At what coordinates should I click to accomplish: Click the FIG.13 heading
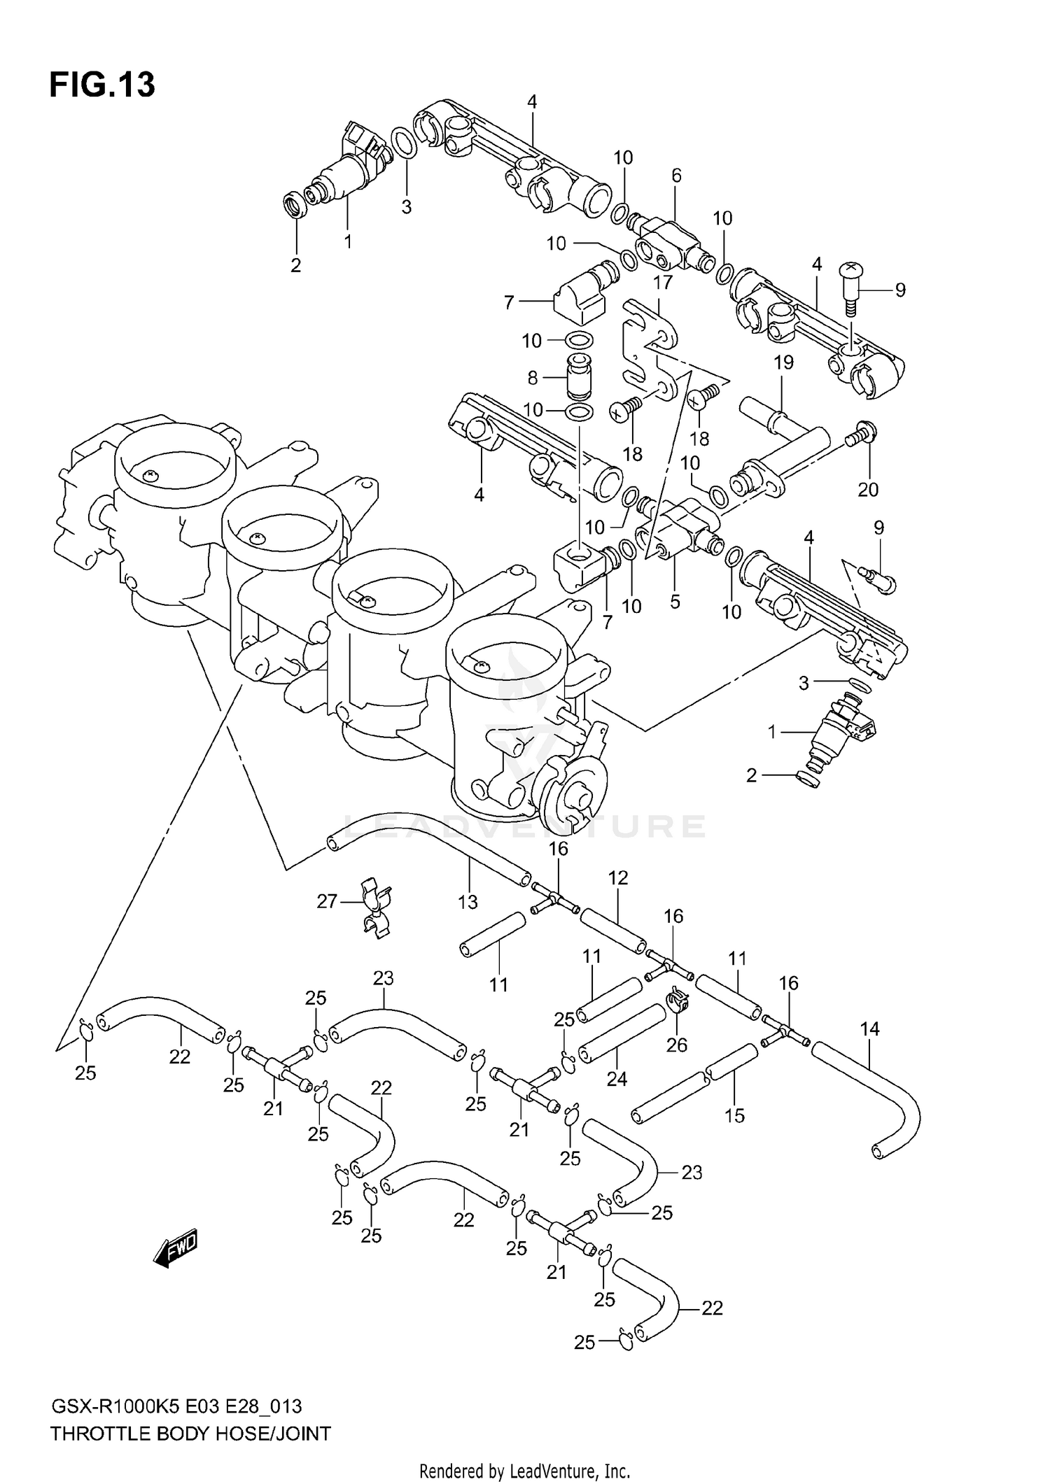(x=102, y=85)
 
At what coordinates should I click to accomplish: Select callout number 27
(x=327, y=902)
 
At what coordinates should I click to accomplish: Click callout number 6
(x=675, y=176)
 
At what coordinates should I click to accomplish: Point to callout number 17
(x=662, y=283)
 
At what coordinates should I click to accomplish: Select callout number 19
(x=783, y=362)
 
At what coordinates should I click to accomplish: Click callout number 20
(x=867, y=489)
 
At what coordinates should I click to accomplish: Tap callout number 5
(x=675, y=601)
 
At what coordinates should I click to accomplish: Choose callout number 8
(x=532, y=378)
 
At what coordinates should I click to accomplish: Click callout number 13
(x=468, y=902)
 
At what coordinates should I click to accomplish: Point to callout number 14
(x=869, y=1029)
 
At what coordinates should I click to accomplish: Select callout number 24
(x=617, y=1079)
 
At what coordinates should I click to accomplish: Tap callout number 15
(x=734, y=1115)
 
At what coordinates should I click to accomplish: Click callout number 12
(x=618, y=877)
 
